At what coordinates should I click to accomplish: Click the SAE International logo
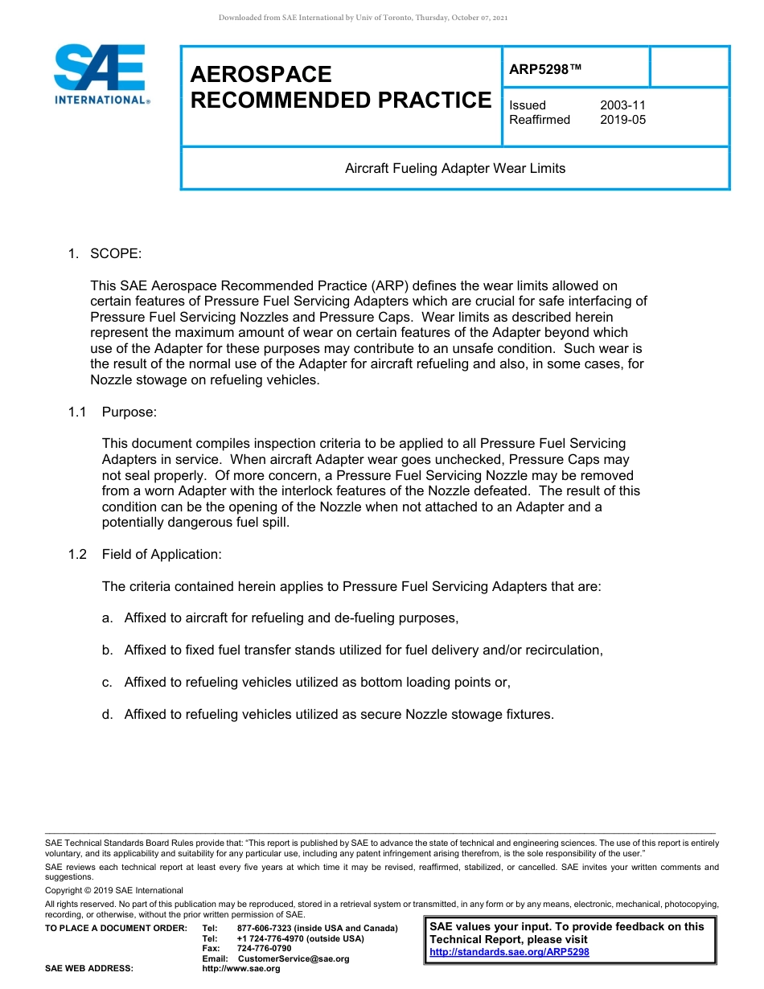click(x=101, y=75)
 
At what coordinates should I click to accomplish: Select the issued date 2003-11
click(x=622, y=105)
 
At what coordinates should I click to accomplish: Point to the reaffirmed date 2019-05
click(x=622, y=120)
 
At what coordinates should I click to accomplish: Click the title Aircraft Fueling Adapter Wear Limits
click(x=455, y=169)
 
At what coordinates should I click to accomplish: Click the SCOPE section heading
click(x=116, y=254)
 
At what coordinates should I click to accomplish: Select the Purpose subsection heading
click(x=129, y=412)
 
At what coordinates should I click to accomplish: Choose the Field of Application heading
click(x=162, y=554)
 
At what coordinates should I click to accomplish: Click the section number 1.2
click(x=77, y=554)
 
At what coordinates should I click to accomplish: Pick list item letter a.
click(x=107, y=618)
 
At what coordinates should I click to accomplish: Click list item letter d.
click(x=107, y=714)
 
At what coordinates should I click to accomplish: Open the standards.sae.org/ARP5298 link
click(x=509, y=952)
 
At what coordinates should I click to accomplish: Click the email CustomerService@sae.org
click(x=294, y=958)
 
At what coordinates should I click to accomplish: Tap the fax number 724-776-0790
click(x=264, y=949)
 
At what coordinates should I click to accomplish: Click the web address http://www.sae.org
click(x=241, y=969)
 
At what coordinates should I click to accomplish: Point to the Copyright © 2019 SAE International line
click(x=114, y=890)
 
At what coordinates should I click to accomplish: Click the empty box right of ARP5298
click(x=688, y=67)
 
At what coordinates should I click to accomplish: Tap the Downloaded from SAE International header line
click(x=363, y=18)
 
